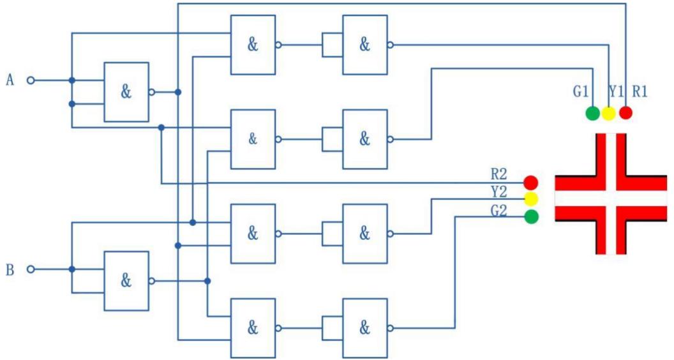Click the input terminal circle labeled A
(30, 80)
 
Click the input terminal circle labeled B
(30, 269)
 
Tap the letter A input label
(10, 80)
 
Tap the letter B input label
(10, 270)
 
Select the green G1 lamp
(593, 114)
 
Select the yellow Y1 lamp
(609, 114)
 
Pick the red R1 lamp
(625, 113)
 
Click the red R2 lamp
(531, 183)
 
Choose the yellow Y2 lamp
(531, 199)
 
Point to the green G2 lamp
(531, 217)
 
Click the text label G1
(580, 92)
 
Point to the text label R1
(640, 91)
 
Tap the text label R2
(499, 174)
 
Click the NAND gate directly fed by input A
(126, 92)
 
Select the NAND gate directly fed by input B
(126, 281)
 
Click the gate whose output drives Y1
(364, 45)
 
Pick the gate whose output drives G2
(364, 328)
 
